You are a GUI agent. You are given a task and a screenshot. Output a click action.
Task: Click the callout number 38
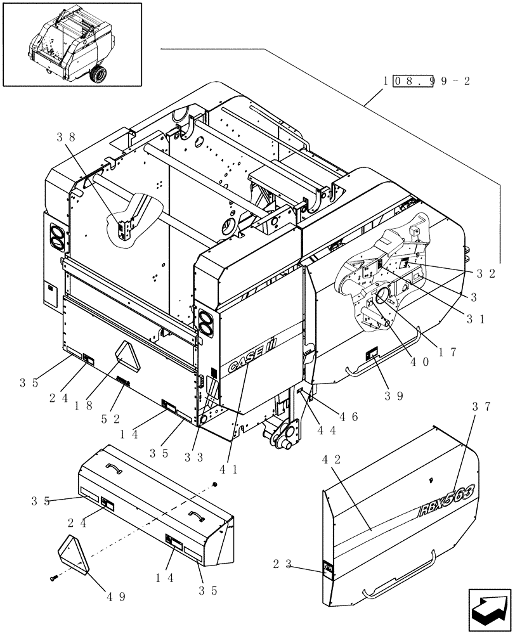pos(65,136)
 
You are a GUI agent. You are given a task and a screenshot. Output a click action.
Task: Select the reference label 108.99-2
pos(426,82)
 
